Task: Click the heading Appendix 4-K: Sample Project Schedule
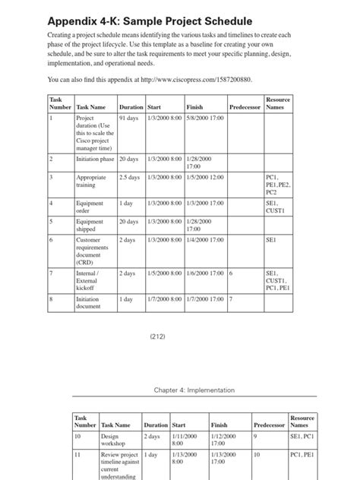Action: tap(150, 21)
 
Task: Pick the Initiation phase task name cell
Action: tap(95, 159)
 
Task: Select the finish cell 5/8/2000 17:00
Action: tap(205, 118)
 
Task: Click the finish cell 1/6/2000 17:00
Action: tap(205, 273)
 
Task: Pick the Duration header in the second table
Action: tap(156, 425)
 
